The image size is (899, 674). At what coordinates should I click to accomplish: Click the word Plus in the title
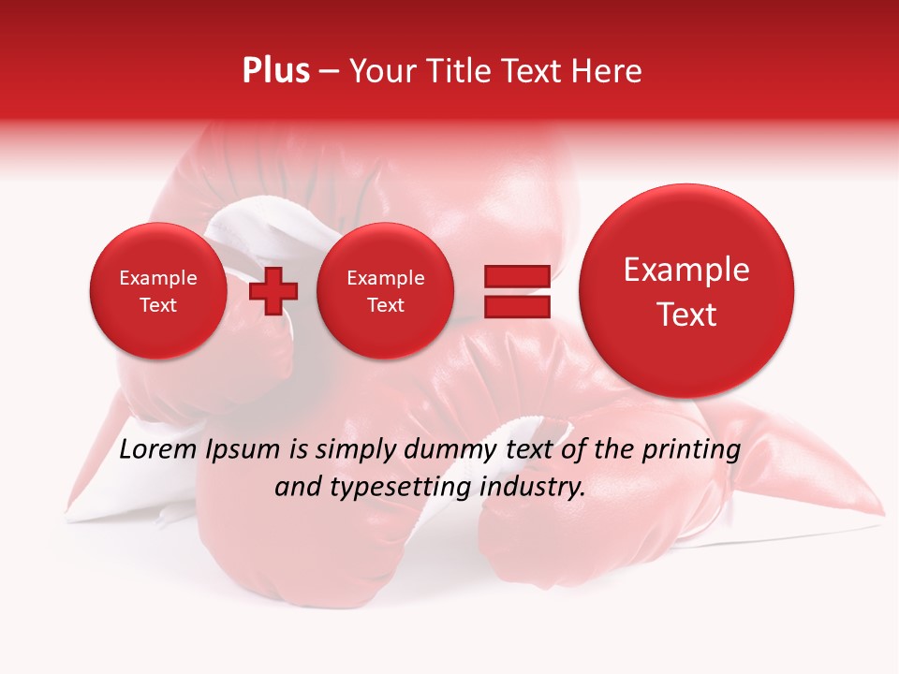(x=275, y=71)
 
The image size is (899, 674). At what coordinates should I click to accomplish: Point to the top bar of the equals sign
(x=516, y=276)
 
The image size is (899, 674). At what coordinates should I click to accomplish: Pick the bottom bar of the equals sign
(x=516, y=306)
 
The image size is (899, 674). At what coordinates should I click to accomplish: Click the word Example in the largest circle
(x=686, y=271)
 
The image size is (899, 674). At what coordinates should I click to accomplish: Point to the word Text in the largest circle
(x=686, y=315)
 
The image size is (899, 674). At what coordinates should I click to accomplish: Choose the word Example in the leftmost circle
(x=158, y=278)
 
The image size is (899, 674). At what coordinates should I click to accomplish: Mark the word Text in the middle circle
(x=385, y=305)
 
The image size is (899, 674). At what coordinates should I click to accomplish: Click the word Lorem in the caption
(x=158, y=450)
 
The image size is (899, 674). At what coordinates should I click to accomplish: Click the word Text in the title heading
(x=538, y=71)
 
